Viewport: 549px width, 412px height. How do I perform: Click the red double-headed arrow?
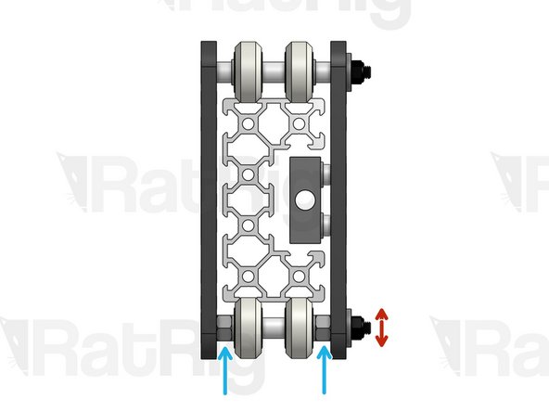[380, 327]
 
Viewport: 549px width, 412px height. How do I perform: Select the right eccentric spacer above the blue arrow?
[324, 326]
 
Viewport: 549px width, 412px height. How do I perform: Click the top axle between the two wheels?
[275, 70]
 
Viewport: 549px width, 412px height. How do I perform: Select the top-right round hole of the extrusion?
[300, 122]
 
